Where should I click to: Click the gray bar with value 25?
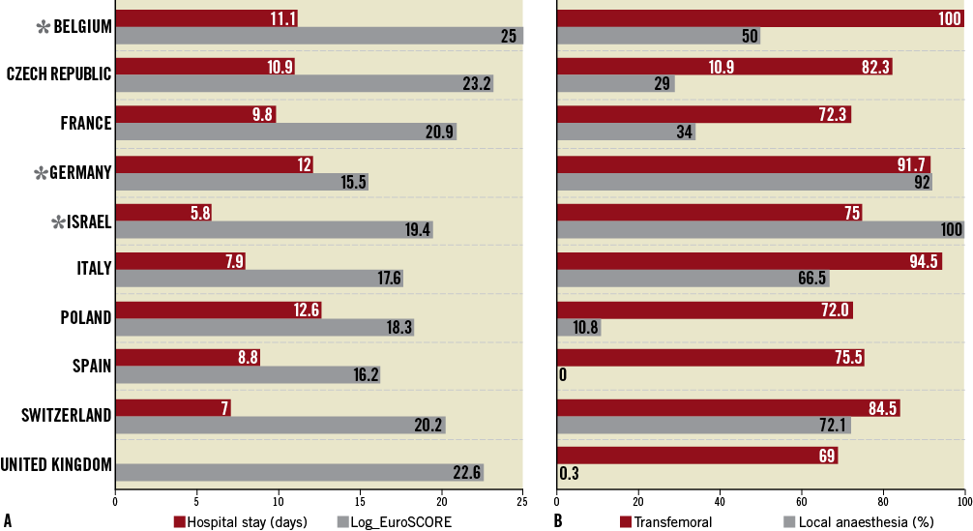(x=319, y=36)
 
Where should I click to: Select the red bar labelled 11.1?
(x=206, y=18)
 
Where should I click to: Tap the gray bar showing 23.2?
(x=305, y=84)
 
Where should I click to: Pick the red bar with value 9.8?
(x=195, y=114)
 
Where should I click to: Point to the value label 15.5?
(x=353, y=182)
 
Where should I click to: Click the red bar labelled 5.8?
(x=163, y=213)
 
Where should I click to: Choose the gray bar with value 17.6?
(x=259, y=279)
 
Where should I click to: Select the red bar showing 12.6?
(x=218, y=310)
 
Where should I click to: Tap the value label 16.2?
(x=366, y=375)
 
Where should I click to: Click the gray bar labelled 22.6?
(x=299, y=472)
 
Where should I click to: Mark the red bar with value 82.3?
(x=723, y=67)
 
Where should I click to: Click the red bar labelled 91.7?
(x=743, y=164)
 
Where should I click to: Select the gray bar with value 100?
(x=760, y=230)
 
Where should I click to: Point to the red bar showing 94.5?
(x=749, y=261)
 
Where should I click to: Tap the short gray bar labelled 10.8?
(x=578, y=328)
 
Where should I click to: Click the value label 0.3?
(x=569, y=474)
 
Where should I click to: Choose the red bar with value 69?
(x=696, y=456)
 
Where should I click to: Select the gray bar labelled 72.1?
(x=715, y=426)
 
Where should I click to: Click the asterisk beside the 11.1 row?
(x=44, y=28)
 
